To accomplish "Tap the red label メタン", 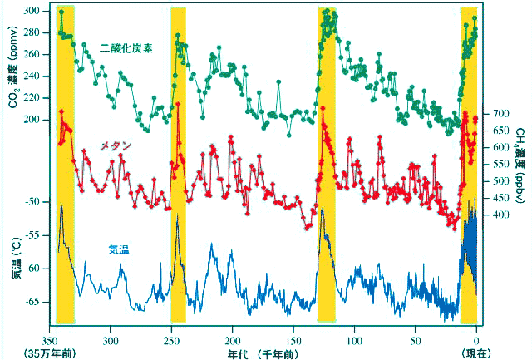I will pos(116,145).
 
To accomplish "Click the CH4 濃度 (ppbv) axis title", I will pos(520,166).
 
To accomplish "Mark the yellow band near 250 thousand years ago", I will pos(178,166).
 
